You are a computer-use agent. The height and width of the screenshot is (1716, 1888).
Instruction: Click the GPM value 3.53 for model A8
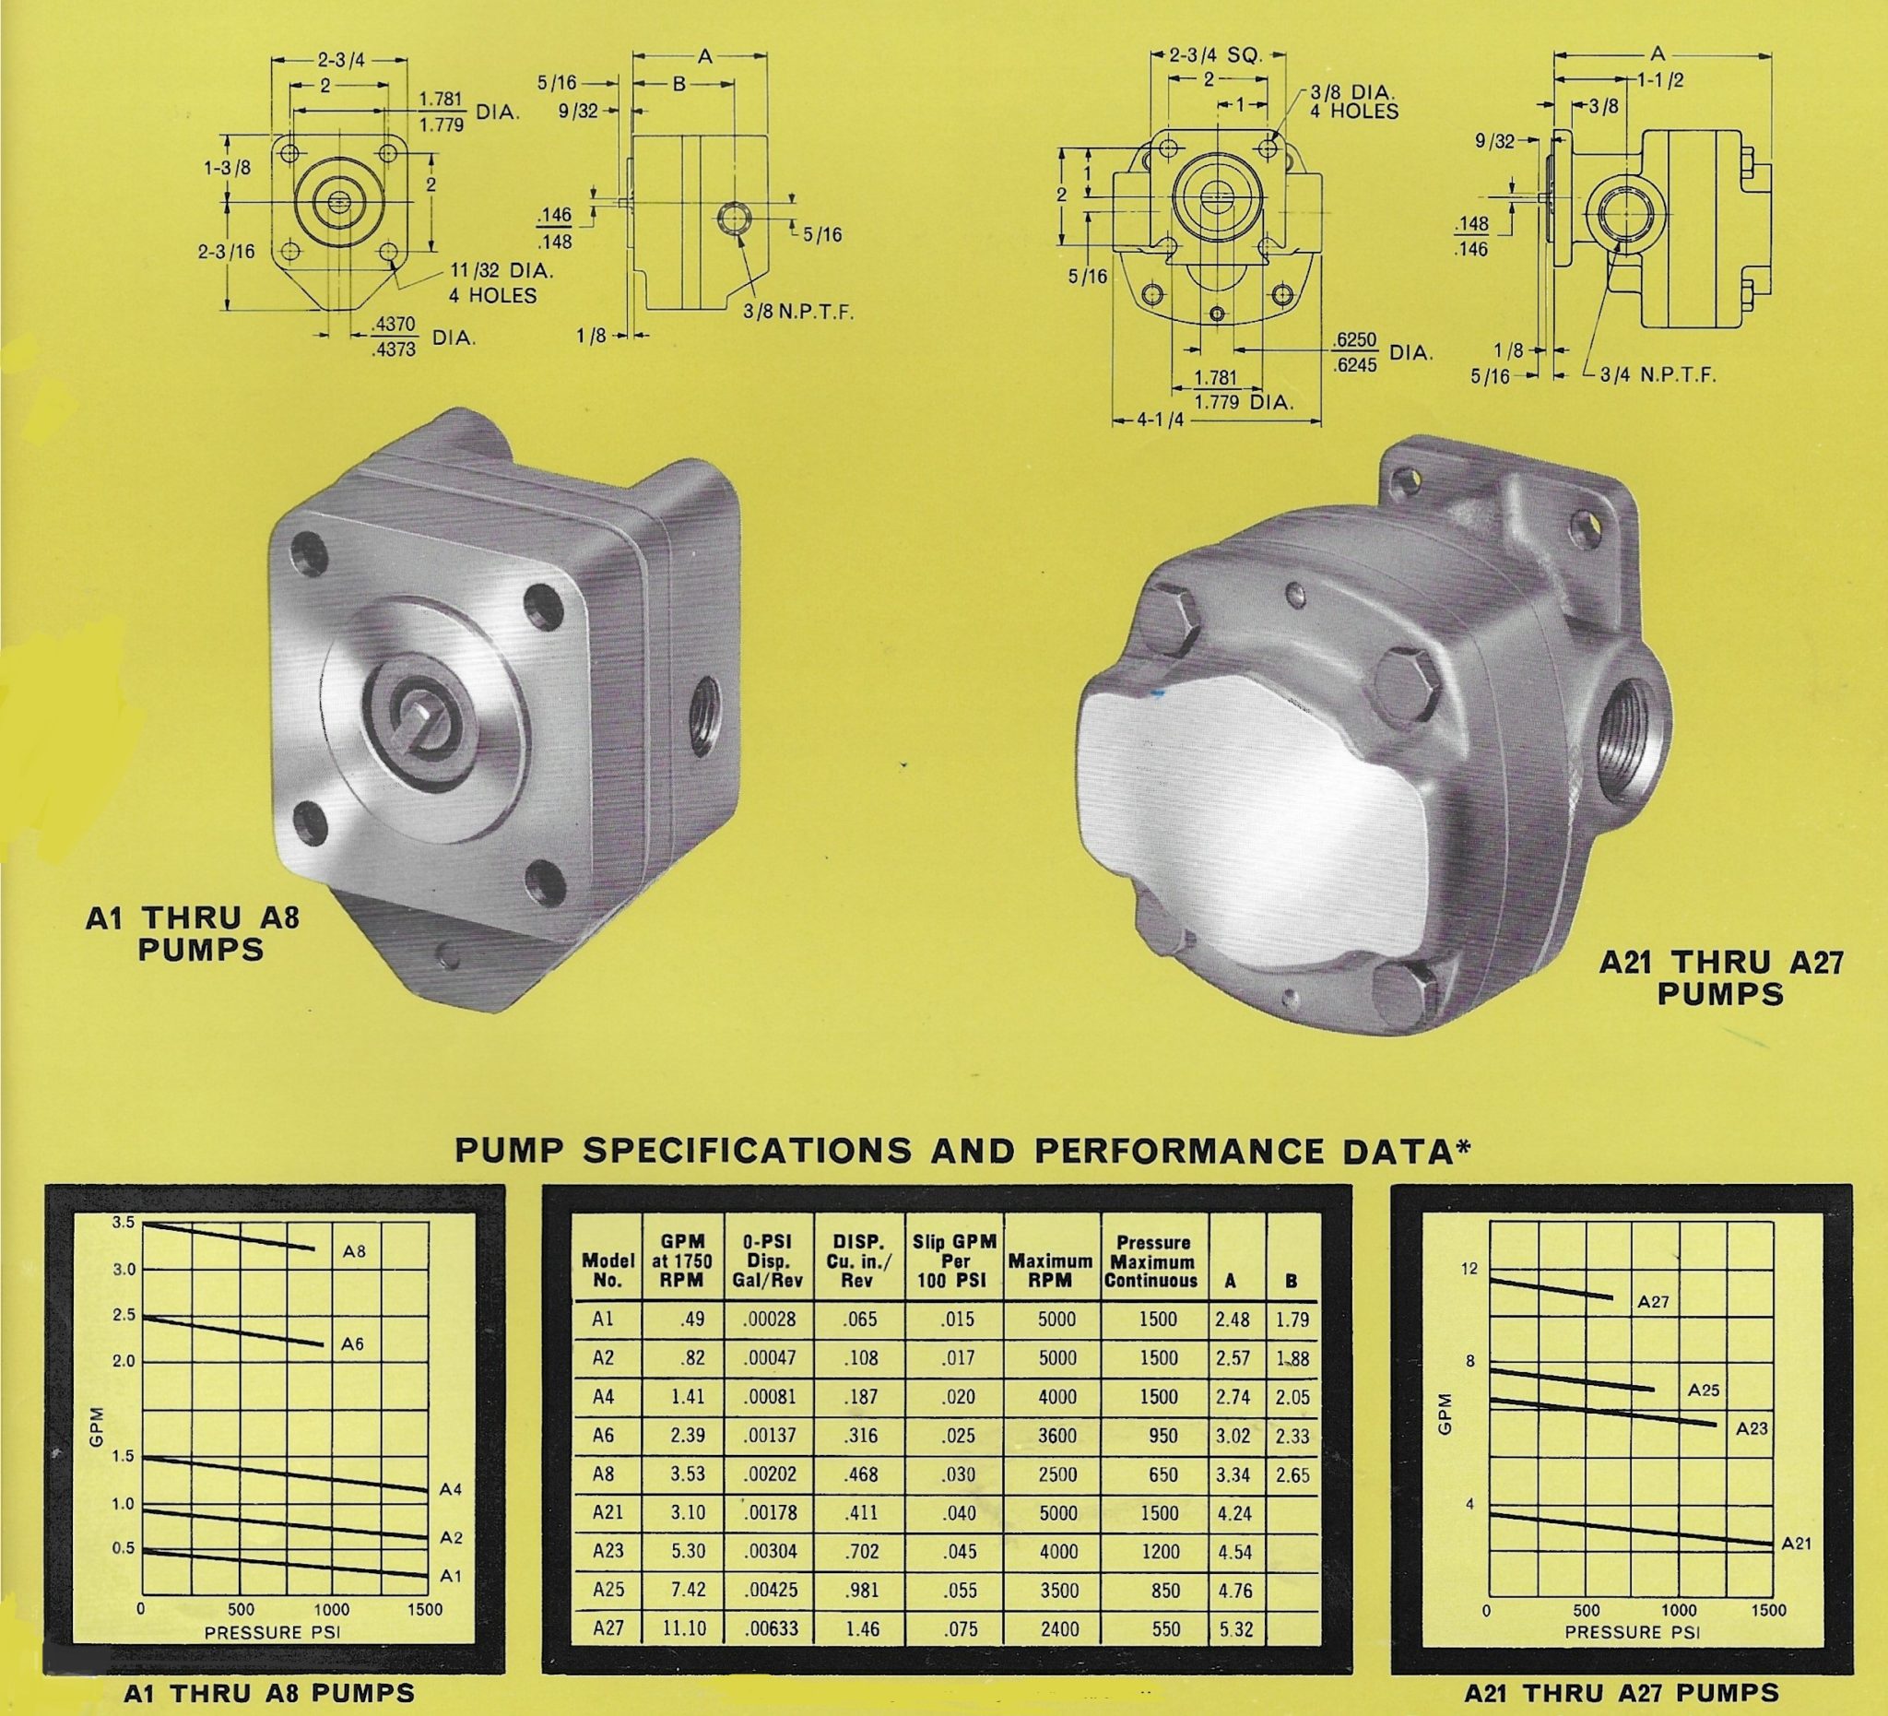pyautogui.click(x=687, y=1474)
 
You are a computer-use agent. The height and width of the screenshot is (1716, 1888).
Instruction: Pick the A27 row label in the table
pyautogui.click(x=608, y=1628)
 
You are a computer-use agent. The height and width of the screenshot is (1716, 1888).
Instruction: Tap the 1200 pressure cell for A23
pyautogui.click(x=1160, y=1551)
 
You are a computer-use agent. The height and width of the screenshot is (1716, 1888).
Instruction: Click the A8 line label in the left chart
pyautogui.click(x=354, y=1251)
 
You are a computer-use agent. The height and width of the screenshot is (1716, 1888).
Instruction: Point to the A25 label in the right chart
pyautogui.click(x=1704, y=1390)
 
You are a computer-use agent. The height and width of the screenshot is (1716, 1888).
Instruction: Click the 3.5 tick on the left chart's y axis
pyautogui.click(x=124, y=1223)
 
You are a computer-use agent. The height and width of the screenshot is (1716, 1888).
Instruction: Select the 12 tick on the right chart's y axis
pyautogui.click(x=1469, y=1268)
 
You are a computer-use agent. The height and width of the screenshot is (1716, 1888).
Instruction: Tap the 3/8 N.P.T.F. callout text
pyautogui.click(x=798, y=312)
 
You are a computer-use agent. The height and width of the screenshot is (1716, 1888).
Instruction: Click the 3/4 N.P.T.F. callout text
pyautogui.click(x=1657, y=375)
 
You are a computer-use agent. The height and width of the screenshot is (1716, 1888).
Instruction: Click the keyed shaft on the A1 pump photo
pyautogui.click(x=423, y=721)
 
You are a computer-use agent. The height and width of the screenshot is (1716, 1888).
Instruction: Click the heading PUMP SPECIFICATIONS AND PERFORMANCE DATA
pyautogui.click(x=962, y=1151)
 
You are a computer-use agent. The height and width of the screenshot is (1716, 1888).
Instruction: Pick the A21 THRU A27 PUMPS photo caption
pyautogui.click(x=1720, y=978)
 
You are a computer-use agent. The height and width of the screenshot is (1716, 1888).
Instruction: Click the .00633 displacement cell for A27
pyautogui.click(x=770, y=1628)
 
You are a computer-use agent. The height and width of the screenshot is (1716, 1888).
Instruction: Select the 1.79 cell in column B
pyautogui.click(x=1292, y=1320)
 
